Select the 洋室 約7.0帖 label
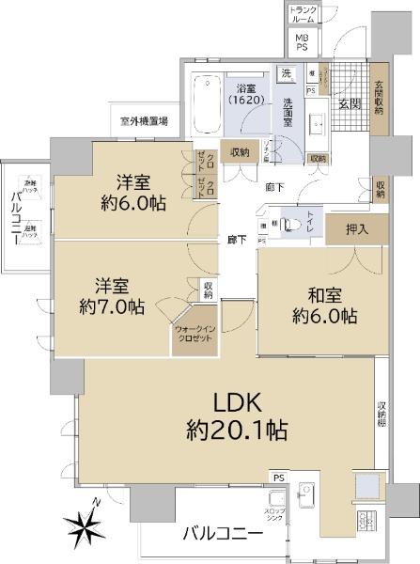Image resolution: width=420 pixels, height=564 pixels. [x=111, y=294]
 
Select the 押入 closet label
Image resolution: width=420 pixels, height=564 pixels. [x=358, y=227]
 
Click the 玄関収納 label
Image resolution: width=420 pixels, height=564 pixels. [x=379, y=98]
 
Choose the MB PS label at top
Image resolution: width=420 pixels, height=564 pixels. [x=303, y=41]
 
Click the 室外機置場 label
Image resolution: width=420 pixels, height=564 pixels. [x=144, y=121]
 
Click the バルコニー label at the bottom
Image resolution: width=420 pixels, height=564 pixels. [x=222, y=535]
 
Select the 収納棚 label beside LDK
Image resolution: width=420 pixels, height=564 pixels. [x=382, y=414]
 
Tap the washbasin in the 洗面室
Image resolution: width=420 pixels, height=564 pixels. [x=317, y=123]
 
